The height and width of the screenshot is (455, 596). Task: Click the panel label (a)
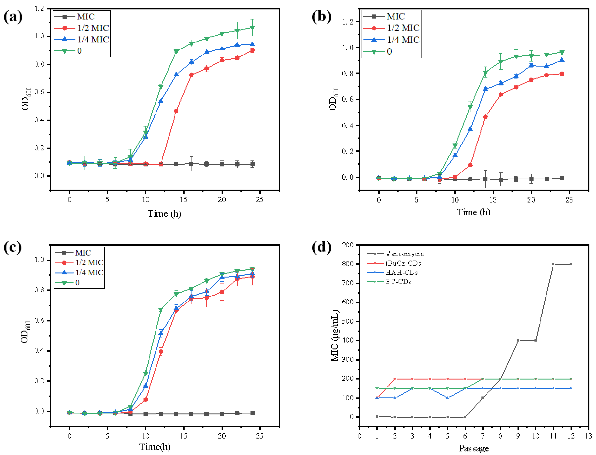[x=13, y=17]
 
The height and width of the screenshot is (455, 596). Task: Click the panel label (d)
[x=321, y=247]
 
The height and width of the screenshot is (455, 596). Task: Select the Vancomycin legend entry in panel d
[x=404, y=254]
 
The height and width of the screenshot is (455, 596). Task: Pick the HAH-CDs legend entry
[x=401, y=272]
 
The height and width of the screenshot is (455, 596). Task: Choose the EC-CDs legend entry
[x=398, y=282]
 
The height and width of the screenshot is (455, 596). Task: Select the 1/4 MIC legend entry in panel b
[x=403, y=40]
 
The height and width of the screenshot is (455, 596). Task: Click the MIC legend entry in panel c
[x=83, y=253]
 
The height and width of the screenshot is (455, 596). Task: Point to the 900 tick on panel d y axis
[x=348, y=245]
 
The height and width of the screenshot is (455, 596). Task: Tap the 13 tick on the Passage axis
[x=588, y=436]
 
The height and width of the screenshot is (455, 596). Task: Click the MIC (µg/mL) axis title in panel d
[x=335, y=336]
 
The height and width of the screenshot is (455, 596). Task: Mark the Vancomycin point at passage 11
[x=553, y=264]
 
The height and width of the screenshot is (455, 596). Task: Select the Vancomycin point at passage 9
[x=518, y=341]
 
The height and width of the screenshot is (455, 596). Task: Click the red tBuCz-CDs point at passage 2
[x=395, y=379]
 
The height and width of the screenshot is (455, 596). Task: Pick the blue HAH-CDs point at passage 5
[x=447, y=398]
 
